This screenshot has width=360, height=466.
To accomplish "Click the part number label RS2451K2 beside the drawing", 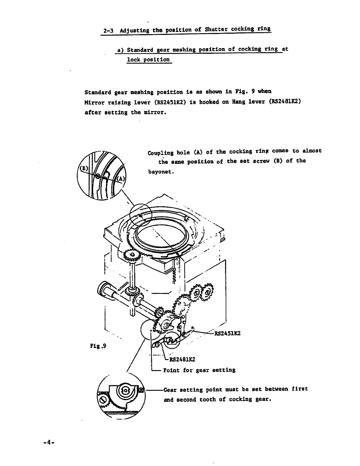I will click(x=227, y=333).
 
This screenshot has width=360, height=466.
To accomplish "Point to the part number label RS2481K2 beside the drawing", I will click(x=182, y=359).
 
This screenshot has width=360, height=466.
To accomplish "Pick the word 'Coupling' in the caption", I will click(x=160, y=153).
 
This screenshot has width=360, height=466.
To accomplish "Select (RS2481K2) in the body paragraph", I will click(x=285, y=101).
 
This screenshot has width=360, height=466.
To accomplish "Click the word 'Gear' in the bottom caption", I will click(x=170, y=389).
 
